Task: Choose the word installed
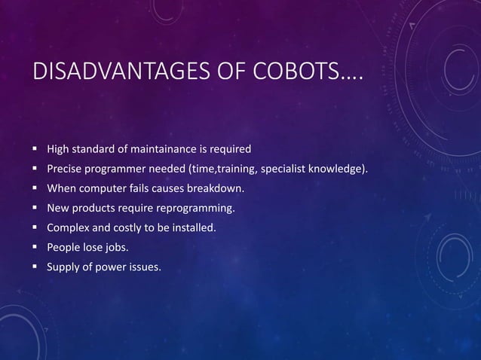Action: [x=194, y=226]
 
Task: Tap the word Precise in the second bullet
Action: [x=66, y=167]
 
